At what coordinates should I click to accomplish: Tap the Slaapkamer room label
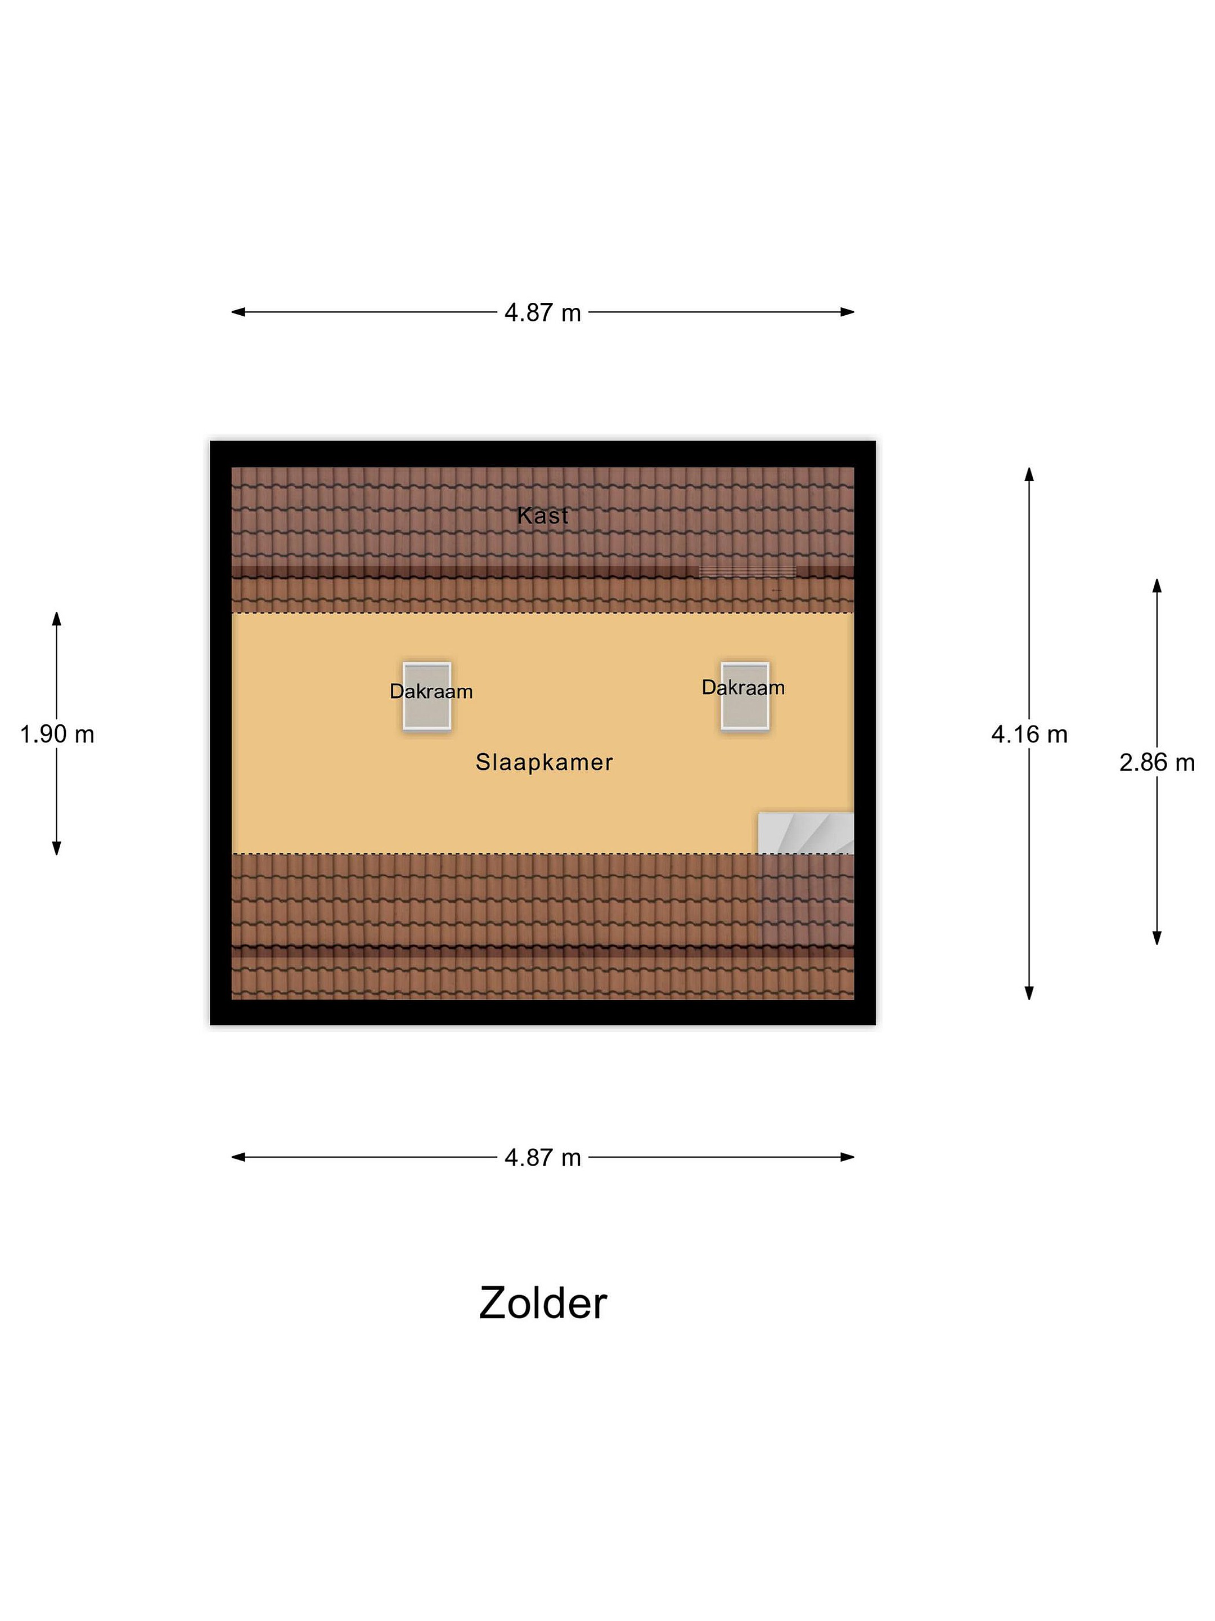(x=543, y=762)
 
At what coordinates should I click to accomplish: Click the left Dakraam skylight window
(x=427, y=696)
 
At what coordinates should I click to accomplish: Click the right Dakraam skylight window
(x=745, y=696)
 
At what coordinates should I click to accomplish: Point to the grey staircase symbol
(x=805, y=832)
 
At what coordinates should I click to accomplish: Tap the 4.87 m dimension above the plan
(x=543, y=313)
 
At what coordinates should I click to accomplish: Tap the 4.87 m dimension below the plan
(x=543, y=1157)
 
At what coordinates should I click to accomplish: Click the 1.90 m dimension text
(x=57, y=735)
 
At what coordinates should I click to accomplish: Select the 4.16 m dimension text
(x=1029, y=735)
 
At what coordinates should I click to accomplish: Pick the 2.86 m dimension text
(x=1156, y=763)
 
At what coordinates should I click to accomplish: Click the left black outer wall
(x=220, y=733)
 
